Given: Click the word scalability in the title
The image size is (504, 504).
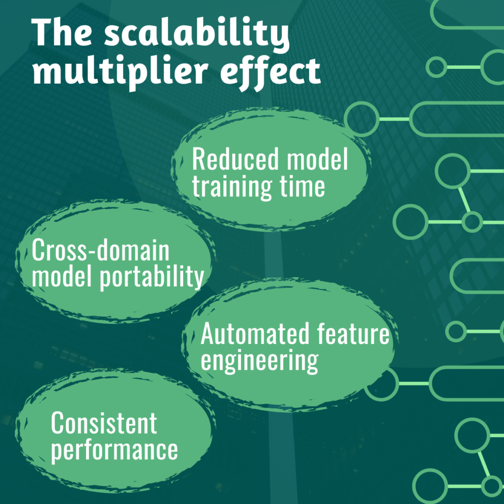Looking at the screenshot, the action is (197, 32).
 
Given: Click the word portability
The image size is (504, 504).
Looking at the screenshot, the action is (152, 277).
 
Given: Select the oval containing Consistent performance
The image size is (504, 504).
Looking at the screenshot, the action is (115, 430).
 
